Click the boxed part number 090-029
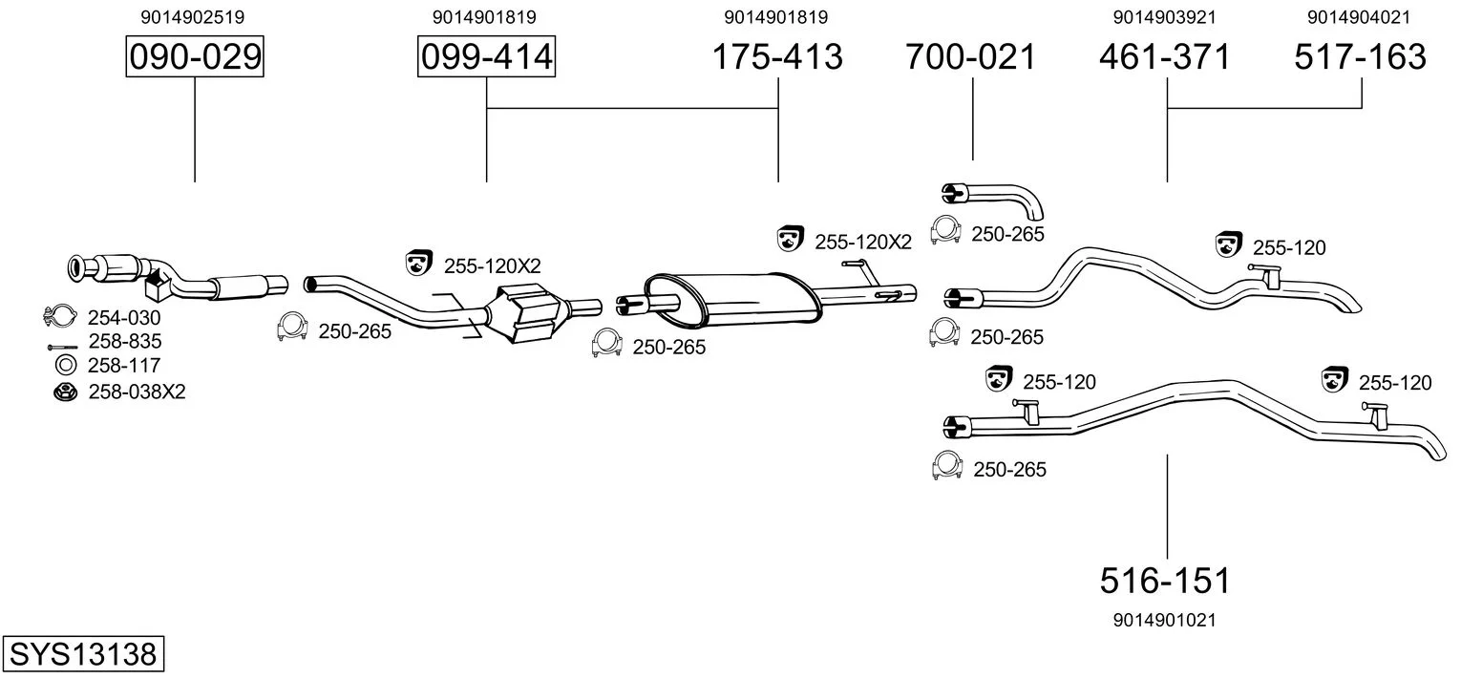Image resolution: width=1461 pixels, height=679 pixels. tap(195, 57)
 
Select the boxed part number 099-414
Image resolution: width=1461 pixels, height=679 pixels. tap(486, 57)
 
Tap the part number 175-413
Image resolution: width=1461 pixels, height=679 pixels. tap(778, 57)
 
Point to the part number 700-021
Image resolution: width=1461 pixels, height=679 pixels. tap(971, 57)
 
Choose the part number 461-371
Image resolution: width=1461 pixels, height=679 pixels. tap(1165, 57)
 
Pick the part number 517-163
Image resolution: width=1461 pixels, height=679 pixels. tap(1360, 57)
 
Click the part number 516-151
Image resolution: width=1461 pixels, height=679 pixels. tap(1165, 580)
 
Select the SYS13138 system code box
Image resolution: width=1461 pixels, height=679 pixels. tap(83, 654)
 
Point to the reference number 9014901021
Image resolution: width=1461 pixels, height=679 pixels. tap(1164, 620)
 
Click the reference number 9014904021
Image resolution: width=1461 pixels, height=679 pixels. tap(1359, 17)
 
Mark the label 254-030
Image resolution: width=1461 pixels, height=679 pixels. tap(124, 318)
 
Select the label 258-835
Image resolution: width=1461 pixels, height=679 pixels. tap(124, 341)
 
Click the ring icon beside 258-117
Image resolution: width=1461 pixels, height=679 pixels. tap(66, 364)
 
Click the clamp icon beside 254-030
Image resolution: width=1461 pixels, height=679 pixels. tap(60, 316)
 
